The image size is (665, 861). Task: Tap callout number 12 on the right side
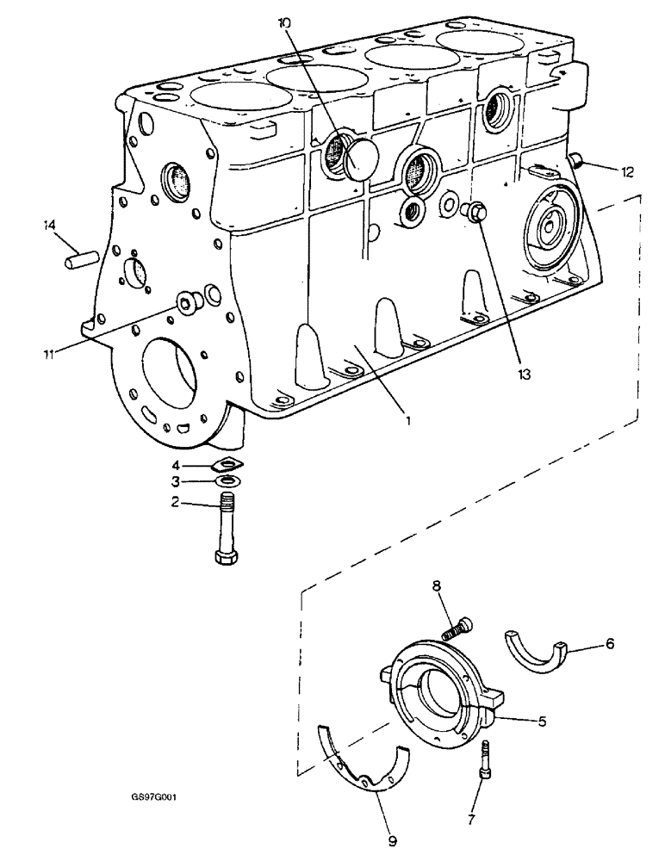click(x=627, y=171)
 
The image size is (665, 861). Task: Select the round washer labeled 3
click(x=228, y=480)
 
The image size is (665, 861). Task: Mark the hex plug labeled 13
click(x=474, y=210)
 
